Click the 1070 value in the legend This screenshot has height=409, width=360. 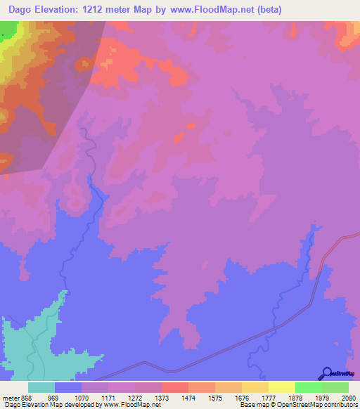[82, 398]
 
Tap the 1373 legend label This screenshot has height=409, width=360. [161, 398]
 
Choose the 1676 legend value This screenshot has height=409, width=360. [241, 398]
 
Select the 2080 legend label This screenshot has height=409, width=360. [348, 398]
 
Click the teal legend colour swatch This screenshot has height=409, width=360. [41, 387]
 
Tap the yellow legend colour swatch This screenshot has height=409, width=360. [281, 387]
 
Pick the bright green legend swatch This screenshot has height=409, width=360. [308, 387]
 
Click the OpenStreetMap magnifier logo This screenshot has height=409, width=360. [326, 374]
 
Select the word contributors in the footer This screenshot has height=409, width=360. [340, 405]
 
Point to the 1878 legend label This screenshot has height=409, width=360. [295, 398]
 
